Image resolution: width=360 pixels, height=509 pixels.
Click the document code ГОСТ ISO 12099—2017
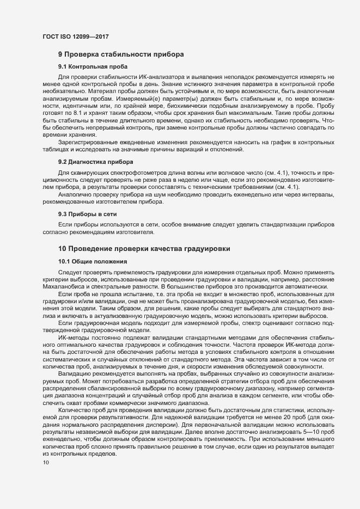tap(77, 37)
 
